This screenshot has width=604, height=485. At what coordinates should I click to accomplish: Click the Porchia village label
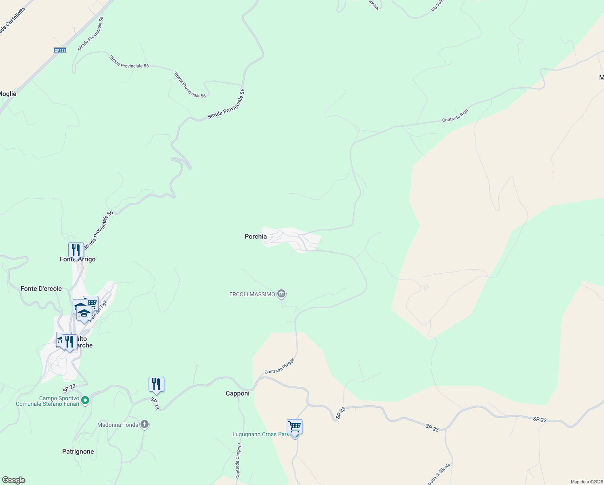(256, 236)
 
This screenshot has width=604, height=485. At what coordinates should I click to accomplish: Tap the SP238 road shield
(60, 51)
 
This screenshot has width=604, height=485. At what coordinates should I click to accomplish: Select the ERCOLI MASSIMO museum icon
(281, 294)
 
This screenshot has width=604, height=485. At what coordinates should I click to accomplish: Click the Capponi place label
(237, 393)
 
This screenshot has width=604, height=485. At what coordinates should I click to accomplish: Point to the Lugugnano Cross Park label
(260, 434)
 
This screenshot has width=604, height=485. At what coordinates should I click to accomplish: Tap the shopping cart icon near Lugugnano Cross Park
(295, 426)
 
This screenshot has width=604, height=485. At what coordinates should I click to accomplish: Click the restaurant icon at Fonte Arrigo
(76, 250)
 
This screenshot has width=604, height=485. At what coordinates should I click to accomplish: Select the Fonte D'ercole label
(41, 289)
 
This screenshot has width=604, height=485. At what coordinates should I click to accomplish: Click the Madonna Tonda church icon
(145, 424)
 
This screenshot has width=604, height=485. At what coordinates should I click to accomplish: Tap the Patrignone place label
(78, 451)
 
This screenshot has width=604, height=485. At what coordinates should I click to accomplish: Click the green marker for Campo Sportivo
(85, 401)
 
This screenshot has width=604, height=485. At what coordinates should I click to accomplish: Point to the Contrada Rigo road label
(455, 116)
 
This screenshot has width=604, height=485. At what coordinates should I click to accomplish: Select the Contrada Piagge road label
(279, 366)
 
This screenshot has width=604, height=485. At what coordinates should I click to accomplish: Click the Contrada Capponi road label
(239, 461)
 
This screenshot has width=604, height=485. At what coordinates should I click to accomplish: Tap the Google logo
(13, 480)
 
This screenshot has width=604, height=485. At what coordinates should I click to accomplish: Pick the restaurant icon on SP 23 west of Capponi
(156, 384)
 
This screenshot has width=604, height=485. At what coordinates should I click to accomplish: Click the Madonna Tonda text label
(118, 425)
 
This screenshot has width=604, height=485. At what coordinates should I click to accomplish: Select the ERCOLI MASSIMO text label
(252, 294)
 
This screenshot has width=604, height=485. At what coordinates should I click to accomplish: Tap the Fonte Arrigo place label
(78, 259)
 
